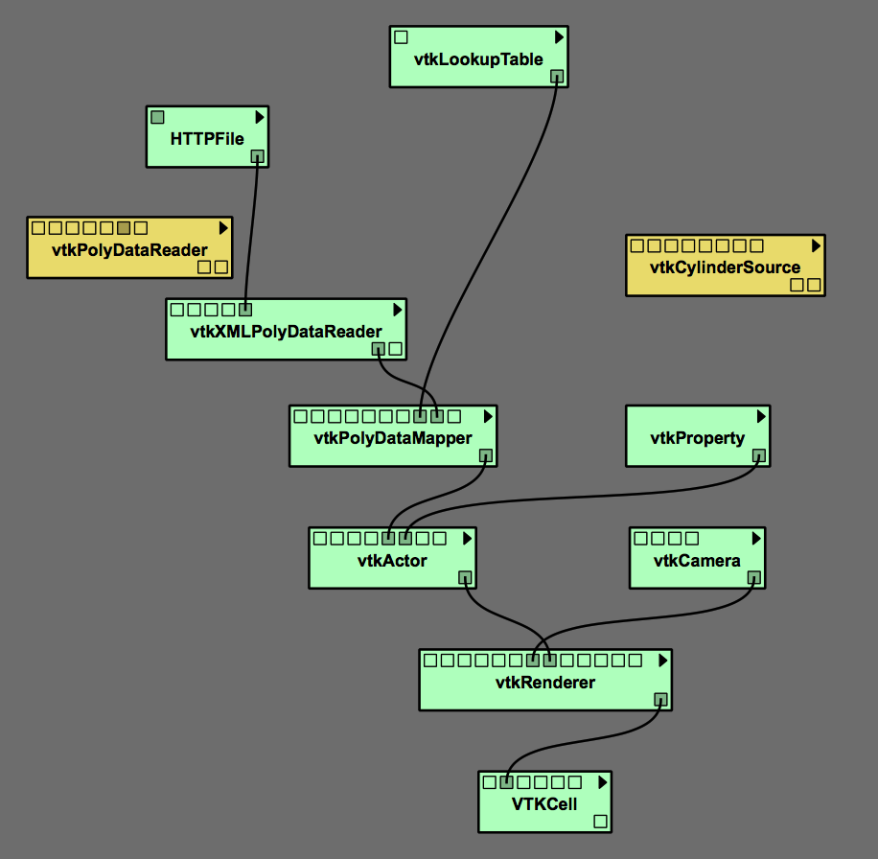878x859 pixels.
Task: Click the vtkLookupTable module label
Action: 478,58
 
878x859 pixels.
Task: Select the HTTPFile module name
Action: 207,139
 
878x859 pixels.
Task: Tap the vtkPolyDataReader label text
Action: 129,250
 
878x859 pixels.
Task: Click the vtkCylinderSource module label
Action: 725,267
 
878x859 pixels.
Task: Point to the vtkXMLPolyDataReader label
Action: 286,332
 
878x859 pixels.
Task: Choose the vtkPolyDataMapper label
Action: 393,438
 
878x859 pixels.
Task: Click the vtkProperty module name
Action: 697,438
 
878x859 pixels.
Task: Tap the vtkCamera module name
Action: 697,560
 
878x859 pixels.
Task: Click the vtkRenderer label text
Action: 545,683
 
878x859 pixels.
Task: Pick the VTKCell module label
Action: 544,803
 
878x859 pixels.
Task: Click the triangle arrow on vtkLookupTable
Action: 559,36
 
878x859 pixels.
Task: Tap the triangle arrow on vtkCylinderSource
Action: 816,245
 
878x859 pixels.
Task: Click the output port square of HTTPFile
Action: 257,156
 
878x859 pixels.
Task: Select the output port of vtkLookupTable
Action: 557,76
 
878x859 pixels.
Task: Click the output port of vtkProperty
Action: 758,455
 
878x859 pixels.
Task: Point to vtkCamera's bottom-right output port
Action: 753,577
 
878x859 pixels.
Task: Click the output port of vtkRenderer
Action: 659,699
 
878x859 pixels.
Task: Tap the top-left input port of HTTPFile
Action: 157,117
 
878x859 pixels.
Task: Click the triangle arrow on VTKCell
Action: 603,781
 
